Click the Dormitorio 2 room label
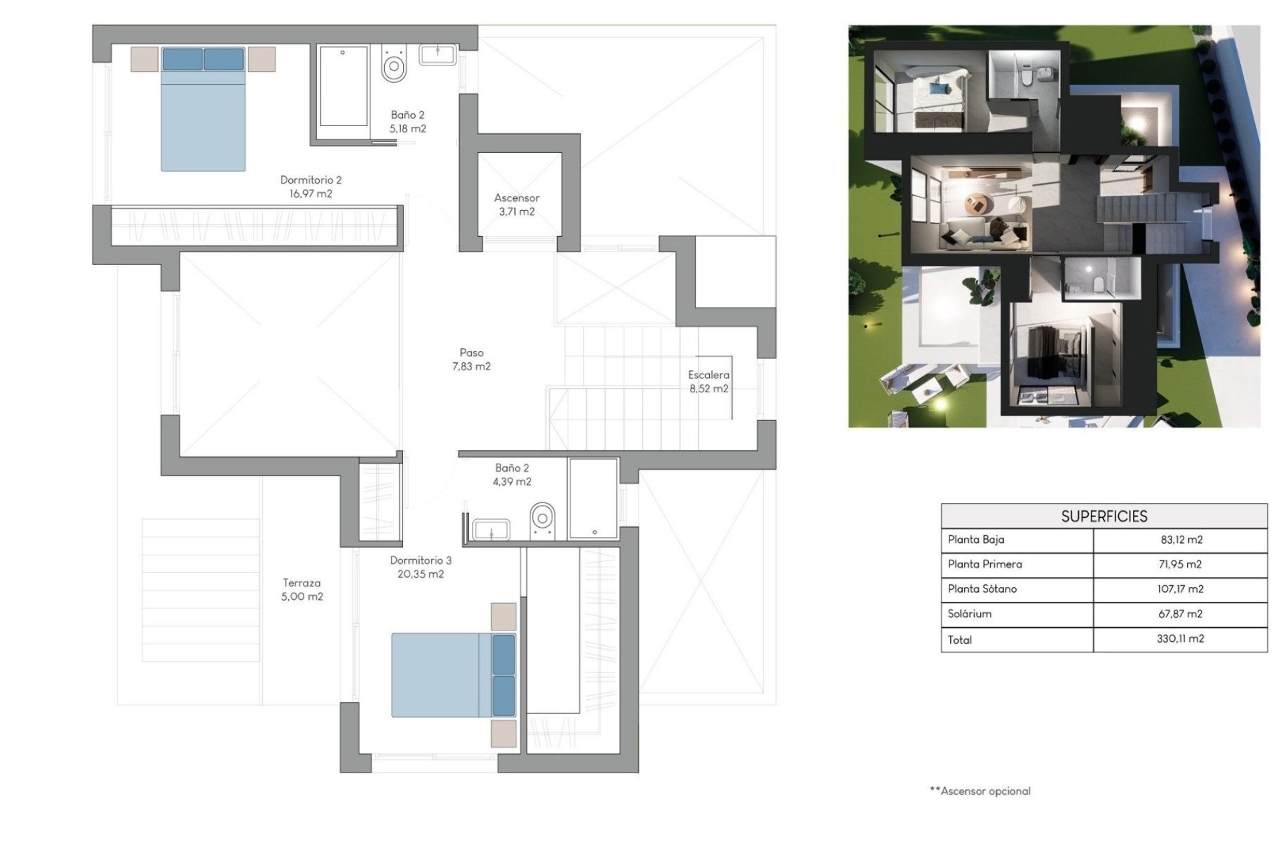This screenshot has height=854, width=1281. click(x=310, y=187)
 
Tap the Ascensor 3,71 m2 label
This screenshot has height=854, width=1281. click(x=516, y=205)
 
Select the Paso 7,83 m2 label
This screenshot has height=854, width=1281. click(x=471, y=360)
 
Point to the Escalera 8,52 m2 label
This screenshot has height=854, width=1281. click(x=709, y=382)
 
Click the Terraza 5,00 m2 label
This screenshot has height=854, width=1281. click(x=302, y=590)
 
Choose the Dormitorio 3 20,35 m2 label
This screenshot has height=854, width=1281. click(x=420, y=567)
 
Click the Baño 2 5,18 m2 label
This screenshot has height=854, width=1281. click(x=407, y=122)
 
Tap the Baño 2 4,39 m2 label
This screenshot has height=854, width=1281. click(x=512, y=475)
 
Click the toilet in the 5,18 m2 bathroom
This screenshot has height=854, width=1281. click(x=394, y=64)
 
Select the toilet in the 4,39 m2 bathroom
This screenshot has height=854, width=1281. click(x=542, y=520)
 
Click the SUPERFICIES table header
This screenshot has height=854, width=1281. click(x=1104, y=516)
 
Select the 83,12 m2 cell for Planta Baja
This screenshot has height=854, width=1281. click(x=1180, y=540)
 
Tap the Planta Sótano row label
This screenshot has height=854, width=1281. click(x=982, y=589)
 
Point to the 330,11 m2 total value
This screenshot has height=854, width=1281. click(x=1180, y=639)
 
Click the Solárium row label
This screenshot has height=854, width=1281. click(x=969, y=614)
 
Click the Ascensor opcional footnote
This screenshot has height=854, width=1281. click(x=980, y=791)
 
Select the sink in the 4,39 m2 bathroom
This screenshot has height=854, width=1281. click(x=491, y=530)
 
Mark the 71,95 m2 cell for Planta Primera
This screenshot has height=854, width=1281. click(x=1180, y=564)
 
